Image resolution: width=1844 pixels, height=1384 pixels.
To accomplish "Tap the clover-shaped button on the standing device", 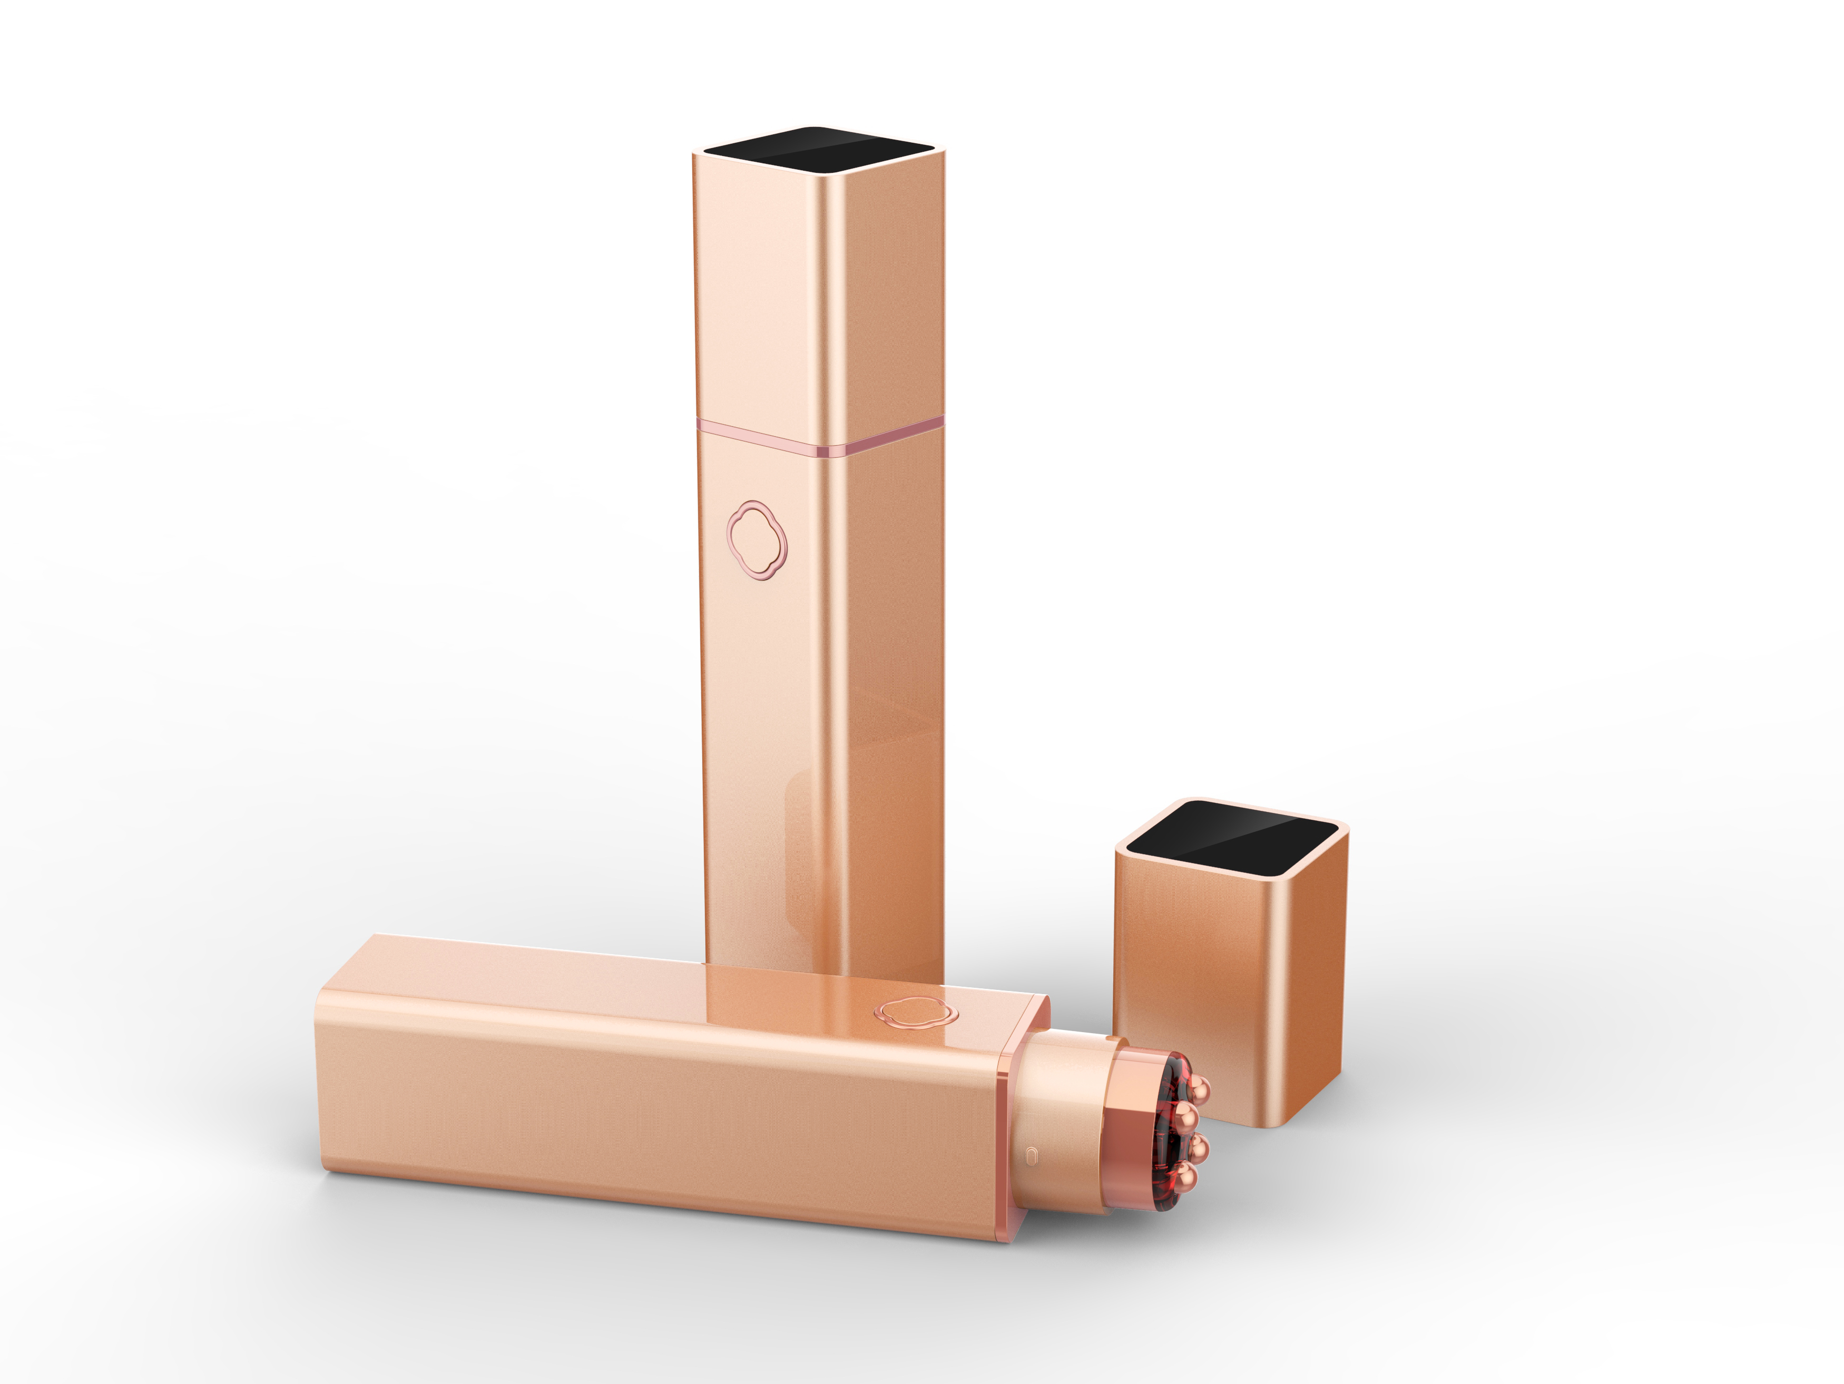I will [757, 540].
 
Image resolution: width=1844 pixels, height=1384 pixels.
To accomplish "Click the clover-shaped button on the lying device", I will [915, 1012].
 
